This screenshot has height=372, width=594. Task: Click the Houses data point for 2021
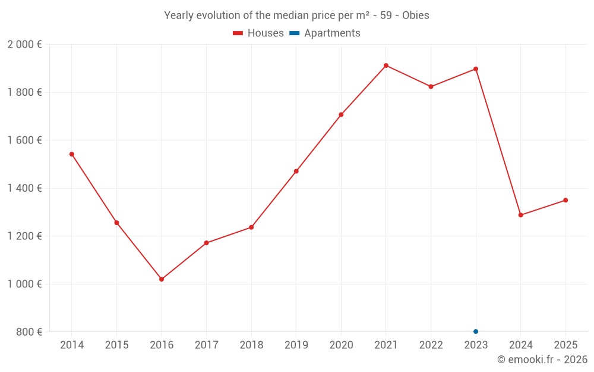tap(386, 65)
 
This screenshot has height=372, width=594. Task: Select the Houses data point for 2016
tap(162, 279)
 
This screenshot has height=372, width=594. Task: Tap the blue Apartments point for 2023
tap(476, 332)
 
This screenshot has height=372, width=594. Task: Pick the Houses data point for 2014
tap(72, 154)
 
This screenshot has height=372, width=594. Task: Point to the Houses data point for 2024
tap(521, 215)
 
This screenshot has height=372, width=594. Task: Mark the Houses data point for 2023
tap(476, 69)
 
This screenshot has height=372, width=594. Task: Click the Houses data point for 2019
tap(296, 171)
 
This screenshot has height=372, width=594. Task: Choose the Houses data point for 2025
tap(565, 200)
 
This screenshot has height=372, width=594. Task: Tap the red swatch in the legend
tap(238, 33)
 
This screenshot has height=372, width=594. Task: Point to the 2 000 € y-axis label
tap(24, 45)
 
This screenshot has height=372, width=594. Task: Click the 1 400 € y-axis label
tap(24, 188)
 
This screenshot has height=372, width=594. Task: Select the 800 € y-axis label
tap(29, 332)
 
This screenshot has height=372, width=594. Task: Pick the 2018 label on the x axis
tap(251, 345)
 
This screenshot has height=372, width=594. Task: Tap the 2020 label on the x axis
tap(341, 345)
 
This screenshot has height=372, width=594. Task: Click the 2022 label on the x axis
tap(431, 345)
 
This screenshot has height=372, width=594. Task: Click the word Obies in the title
tap(415, 15)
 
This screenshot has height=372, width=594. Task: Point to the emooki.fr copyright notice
tap(542, 360)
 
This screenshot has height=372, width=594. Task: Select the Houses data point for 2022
tap(431, 87)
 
